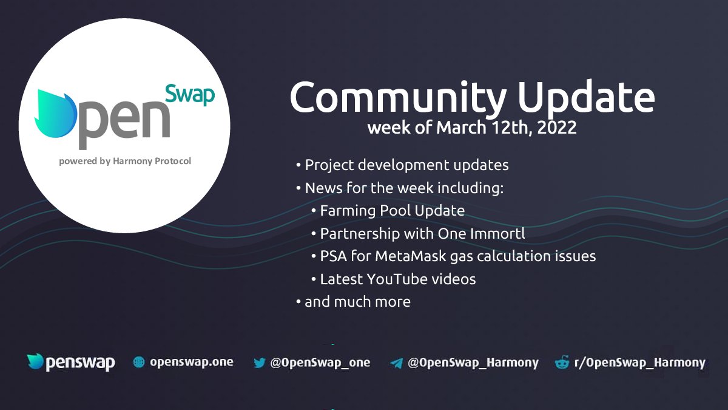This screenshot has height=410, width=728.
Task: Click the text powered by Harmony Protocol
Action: [x=125, y=162]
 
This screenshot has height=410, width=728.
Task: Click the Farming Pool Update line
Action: [x=392, y=211]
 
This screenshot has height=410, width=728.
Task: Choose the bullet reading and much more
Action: [x=357, y=301]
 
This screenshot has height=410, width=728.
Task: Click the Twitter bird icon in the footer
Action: [x=260, y=363]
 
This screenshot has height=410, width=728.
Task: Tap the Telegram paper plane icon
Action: [x=397, y=363]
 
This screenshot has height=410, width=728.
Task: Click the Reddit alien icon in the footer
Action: [x=562, y=363]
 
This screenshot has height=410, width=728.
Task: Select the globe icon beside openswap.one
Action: [x=139, y=363]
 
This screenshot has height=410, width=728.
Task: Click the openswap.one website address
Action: [x=192, y=363]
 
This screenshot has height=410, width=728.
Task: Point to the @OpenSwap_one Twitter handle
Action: [x=320, y=363]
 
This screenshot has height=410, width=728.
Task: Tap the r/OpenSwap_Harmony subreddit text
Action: [x=639, y=363]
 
